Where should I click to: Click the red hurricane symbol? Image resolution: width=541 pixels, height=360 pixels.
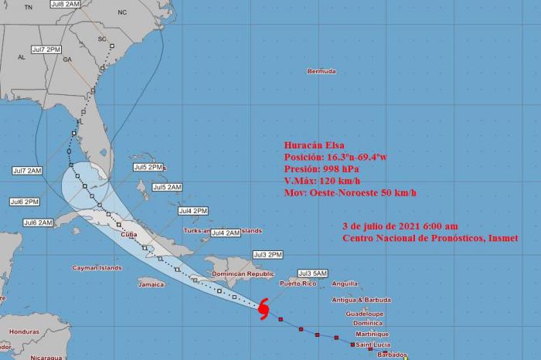[x=264, y=309]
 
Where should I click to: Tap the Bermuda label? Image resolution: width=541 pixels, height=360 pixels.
[x=322, y=72]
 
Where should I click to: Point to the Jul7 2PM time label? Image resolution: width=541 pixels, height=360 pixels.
[x=46, y=49]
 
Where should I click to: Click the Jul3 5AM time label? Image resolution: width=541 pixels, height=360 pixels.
[x=315, y=273]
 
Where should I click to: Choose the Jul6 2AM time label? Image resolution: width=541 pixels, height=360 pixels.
[x=39, y=222]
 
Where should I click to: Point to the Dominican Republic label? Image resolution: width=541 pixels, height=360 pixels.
[x=243, y=273]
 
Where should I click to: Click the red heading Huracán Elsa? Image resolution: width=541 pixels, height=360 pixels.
[x=313, y=144]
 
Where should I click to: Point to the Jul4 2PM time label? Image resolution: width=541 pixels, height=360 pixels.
[x=193, y=210]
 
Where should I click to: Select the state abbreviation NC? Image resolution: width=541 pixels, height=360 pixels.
[x=121, y=13]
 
